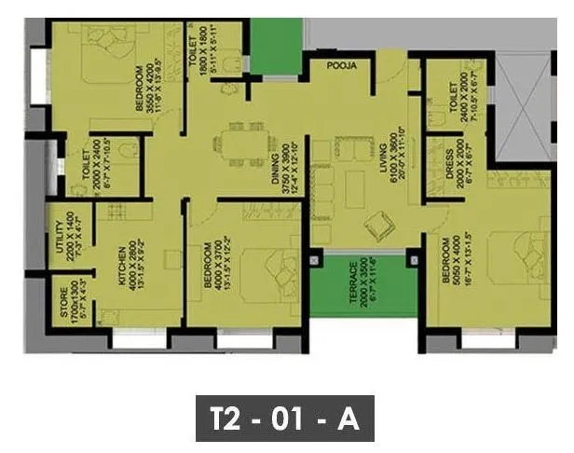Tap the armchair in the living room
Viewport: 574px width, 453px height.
tap(379, 224)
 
